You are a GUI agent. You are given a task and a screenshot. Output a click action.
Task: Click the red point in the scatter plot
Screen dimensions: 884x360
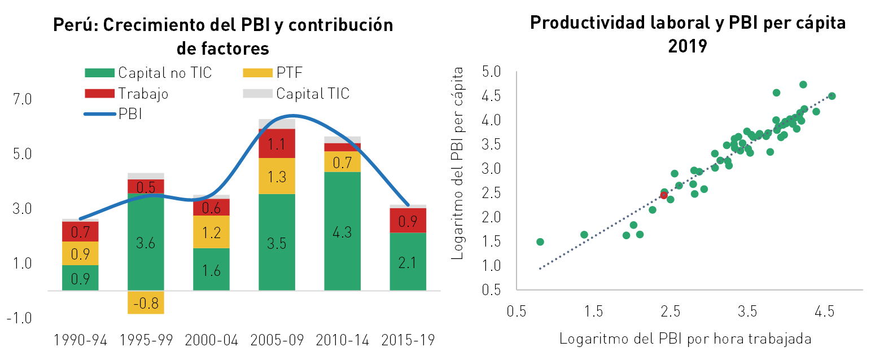pos(664,195)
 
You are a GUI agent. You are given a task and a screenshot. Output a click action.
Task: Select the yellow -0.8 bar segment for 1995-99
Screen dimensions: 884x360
pos(146,302)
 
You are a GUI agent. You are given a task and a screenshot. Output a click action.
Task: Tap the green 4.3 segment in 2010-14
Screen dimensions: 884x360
pos(342,231)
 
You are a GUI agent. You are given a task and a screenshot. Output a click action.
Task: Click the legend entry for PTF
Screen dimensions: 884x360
pos(273,73)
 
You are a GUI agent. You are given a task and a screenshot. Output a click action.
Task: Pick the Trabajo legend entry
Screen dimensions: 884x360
pos(126,94)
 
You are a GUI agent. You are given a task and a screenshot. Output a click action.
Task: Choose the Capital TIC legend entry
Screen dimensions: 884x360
pos(296,94)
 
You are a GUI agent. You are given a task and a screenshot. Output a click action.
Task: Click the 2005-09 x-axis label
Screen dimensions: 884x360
pos(277,340)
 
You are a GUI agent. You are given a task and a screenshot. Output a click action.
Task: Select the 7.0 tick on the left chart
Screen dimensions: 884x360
pos(23,99)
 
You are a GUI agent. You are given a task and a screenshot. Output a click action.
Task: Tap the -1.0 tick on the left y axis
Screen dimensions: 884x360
pos(19,318)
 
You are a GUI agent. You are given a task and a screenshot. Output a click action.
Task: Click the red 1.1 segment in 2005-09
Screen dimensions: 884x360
pos(277,143)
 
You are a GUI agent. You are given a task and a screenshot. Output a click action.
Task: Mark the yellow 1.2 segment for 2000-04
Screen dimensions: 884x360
pos(211,232)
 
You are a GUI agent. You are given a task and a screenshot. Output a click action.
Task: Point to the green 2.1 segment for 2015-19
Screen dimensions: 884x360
pos(408,262)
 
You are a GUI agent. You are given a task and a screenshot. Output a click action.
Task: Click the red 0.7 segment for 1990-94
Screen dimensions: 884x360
pos(80,232)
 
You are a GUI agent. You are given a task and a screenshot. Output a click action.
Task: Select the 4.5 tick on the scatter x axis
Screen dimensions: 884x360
pos(825,311)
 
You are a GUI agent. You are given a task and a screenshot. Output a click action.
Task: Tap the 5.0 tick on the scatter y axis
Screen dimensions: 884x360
pos(491,72)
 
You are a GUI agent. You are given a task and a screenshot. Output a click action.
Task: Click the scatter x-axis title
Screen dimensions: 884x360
pos(685,339)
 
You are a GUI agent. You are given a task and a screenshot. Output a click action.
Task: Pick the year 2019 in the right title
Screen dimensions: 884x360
pos(688,46)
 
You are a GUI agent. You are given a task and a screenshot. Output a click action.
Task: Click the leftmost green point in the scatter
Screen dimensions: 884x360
pos(540,242)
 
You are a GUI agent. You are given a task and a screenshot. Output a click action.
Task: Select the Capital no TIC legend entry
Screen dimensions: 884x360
pos(148,73)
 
